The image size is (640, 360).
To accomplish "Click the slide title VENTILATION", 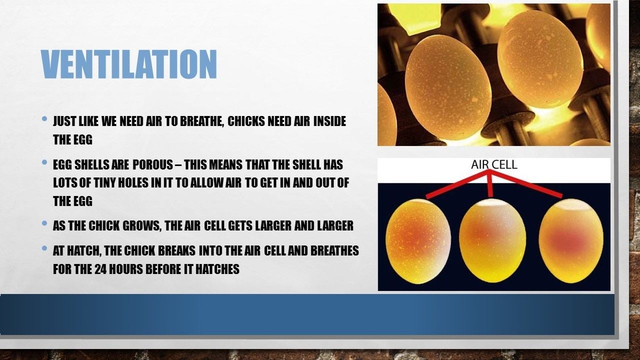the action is point(129,64).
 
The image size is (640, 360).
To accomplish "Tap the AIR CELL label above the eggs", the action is point(494,164).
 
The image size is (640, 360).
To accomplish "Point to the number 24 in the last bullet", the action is point(99,269).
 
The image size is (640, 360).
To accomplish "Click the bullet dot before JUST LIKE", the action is point(44,118).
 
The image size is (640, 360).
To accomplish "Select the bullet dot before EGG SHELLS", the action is point(44,162).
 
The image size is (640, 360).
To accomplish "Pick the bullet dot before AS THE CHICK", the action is point(44,223).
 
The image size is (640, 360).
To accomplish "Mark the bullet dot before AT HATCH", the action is point(44,248).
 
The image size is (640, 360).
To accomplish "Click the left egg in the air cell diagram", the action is point(418,241).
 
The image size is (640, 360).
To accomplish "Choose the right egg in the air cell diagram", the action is point(571,240).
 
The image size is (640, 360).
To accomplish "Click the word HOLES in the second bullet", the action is point(133,183).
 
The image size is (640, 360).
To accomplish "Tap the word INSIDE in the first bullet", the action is point(329,121).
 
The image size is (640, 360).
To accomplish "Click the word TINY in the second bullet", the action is point(104,183).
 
